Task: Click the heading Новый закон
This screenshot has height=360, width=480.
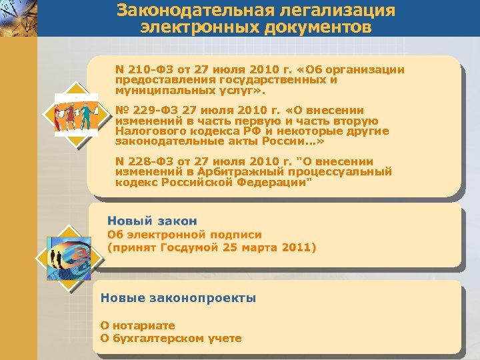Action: [152, 221]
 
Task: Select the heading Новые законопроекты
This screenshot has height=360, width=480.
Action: [178, 298]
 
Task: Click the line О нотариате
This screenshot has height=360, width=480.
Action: [137, 325]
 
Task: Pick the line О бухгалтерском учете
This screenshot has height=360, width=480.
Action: [171, 338]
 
